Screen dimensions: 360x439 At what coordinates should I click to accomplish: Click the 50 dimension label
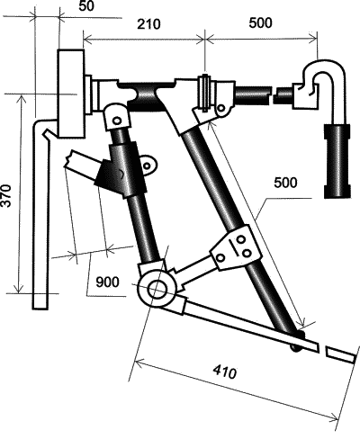click(x=86, y=6)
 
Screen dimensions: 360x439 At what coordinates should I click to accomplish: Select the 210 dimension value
click(x=148, y=24)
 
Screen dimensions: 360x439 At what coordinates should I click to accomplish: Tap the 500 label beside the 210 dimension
click(x=260, y=22)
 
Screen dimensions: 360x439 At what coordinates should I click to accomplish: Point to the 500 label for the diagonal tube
click(x=285, y=183)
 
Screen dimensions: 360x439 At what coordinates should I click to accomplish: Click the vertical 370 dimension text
click(x=6, y=195)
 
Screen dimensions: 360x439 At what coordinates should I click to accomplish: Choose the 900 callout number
click(x=107, y=282)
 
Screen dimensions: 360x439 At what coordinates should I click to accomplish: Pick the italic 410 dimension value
click(x=225, y=372)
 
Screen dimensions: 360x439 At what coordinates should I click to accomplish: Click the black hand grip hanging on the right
click(x=337, y=161)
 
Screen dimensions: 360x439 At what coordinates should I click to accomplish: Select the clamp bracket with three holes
click(x=236, y=248)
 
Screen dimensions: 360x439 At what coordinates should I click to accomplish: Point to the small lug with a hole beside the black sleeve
click(x=148, y=165)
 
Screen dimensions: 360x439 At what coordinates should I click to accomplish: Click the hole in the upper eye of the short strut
click(x=117, y=121)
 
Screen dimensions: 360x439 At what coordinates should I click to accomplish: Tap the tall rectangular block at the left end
click(x=71, y=94)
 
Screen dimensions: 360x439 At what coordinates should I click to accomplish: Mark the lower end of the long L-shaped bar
click(x=40, y=309)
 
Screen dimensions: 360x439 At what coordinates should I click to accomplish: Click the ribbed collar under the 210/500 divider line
click(x=205, y=93)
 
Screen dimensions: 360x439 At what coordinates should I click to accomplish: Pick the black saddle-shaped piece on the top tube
click(x=147, y=95)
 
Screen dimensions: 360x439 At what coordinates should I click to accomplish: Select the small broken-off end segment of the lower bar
click(x=340, y=354)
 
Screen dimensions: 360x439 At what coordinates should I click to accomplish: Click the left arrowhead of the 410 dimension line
click(x=139, y=362)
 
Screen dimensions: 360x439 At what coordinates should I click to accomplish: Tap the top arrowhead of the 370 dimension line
click(x=21, y=99)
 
